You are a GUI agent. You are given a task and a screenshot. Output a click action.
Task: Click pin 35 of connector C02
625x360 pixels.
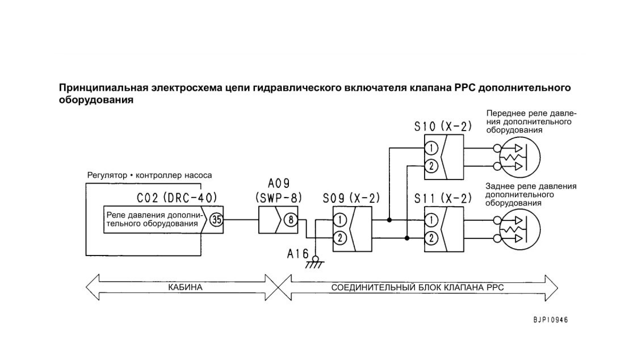216,220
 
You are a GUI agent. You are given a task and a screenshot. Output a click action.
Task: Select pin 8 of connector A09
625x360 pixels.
291,220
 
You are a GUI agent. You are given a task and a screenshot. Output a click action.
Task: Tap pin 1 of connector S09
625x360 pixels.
340,220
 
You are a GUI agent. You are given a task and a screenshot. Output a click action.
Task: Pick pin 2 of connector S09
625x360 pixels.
340,238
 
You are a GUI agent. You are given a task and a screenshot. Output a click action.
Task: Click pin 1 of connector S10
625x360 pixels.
431,148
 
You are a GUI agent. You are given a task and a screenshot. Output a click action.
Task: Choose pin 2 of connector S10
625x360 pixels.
431,166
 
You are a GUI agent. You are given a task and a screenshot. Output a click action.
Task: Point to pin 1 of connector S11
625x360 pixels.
431,220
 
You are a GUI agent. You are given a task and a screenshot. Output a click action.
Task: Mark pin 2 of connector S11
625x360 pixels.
431,238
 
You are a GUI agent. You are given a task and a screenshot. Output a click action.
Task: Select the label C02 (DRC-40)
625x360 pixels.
177,198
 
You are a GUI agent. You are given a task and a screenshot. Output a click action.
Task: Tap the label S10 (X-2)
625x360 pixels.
443,127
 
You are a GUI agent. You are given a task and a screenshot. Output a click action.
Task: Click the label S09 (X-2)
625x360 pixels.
351,198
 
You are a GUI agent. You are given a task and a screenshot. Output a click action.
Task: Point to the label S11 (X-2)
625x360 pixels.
443,198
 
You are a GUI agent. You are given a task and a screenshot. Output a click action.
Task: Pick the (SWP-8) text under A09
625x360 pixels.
278,198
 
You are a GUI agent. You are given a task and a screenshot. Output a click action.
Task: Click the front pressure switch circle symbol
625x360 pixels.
520,157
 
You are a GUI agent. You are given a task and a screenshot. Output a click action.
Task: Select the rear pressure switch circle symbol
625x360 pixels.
520,229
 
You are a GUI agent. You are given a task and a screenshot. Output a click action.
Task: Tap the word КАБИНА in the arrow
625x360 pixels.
185,287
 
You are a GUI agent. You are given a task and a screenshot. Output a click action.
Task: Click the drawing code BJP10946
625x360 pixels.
551,320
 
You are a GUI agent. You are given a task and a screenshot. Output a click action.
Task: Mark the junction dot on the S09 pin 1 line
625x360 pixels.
389,220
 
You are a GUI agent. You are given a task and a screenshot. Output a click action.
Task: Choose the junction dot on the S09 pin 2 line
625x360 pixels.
407,238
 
